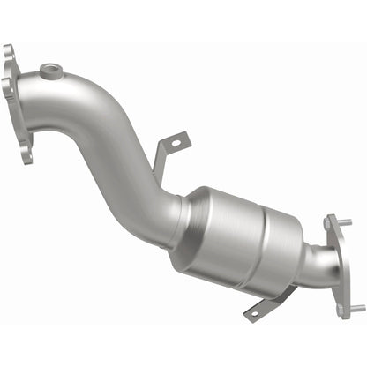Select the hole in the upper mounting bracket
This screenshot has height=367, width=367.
(x=175, y=140)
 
